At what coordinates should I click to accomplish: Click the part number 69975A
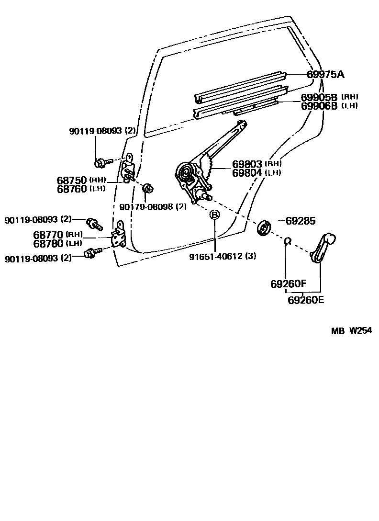(x=325, y=75)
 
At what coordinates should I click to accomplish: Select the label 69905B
(x=320, y=97)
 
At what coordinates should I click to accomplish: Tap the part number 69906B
(x=320, y=106)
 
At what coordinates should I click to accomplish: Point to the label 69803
(x=247, y=164)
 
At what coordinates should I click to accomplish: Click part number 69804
(x=247, y=173)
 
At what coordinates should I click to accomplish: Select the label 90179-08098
(x=146, y=207)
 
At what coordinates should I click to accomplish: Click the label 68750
(x=72, y=180)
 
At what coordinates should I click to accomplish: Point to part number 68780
(x=48, y=243)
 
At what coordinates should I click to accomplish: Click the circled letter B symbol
(x=215, y=215)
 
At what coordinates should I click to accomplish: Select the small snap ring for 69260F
(x=287, y=240)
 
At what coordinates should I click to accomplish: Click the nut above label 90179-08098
(x=148, y=188)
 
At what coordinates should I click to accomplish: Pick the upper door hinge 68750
(x=128, y=170)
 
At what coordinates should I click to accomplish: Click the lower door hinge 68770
(x=119, y=236)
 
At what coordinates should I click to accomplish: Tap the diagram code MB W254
(x=352, y=330)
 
